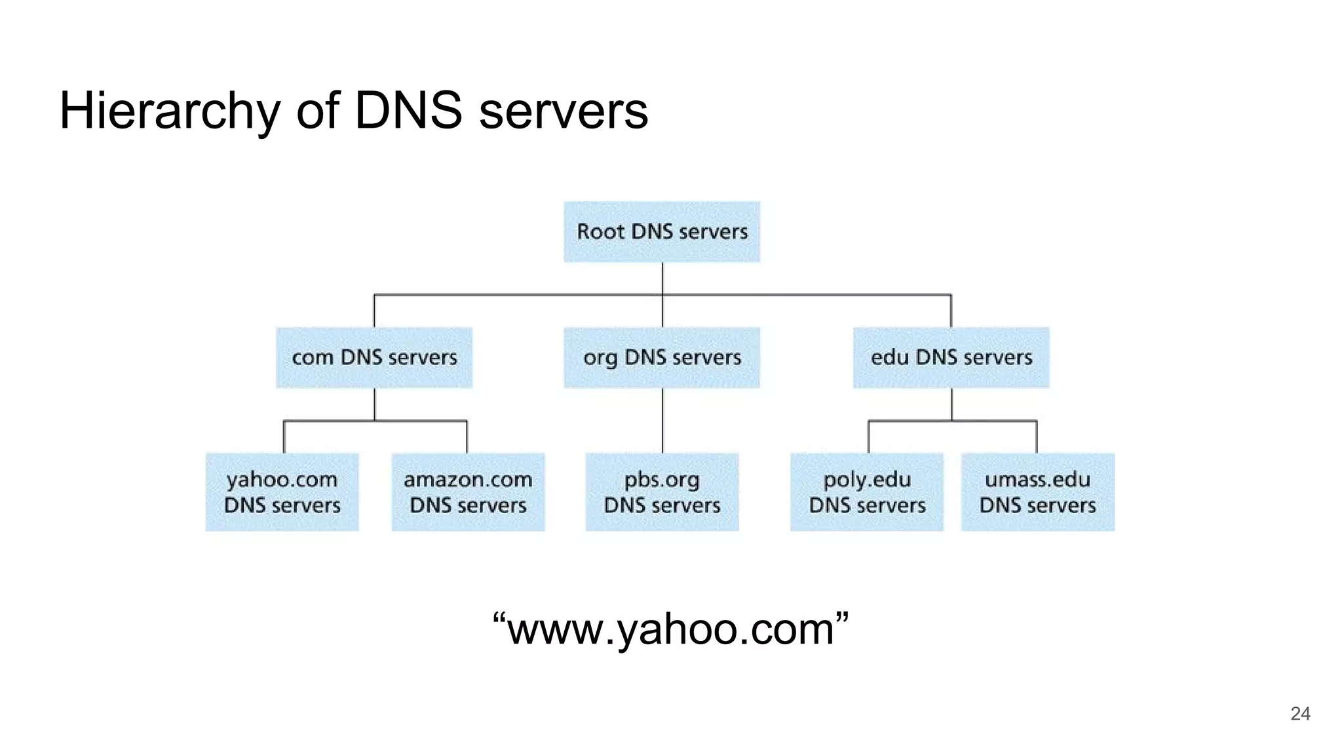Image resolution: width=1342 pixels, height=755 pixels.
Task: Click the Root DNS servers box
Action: (x=662, y=232)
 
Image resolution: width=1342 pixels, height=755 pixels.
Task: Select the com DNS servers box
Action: (x=374, y=358)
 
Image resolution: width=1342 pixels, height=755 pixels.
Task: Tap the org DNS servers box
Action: (x=662, y=358)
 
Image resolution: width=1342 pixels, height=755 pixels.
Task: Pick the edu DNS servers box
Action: (x=951, y=358)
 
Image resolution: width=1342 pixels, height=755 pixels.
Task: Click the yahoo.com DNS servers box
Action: (x=282, y=492)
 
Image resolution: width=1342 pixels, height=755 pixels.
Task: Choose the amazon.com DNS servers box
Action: (x=468, y=492)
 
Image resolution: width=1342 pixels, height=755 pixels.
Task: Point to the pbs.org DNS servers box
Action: (x=662, y=492)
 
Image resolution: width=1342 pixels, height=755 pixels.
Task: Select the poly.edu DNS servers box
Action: (x=866, y=492)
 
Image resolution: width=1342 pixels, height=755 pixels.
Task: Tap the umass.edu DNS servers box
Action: (x=1037, y=492)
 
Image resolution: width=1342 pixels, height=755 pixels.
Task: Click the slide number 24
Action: (x=1300, y=714)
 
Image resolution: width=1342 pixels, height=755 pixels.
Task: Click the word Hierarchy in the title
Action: (x=169, y=111)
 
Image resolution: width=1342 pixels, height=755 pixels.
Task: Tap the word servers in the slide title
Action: (x=564, y=112)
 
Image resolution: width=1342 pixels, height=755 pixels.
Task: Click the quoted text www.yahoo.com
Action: (x=670, y=629)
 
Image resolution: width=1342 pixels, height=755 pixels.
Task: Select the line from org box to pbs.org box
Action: (x=662, y=420)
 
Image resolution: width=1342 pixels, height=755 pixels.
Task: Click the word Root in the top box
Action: (x=600, y=231)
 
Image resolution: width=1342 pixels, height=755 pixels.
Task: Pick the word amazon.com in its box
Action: (x=468, y=480)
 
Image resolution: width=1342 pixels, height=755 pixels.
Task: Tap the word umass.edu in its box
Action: (x=1037, y=480)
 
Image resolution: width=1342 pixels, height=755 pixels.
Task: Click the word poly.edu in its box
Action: (x=866, y=480)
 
